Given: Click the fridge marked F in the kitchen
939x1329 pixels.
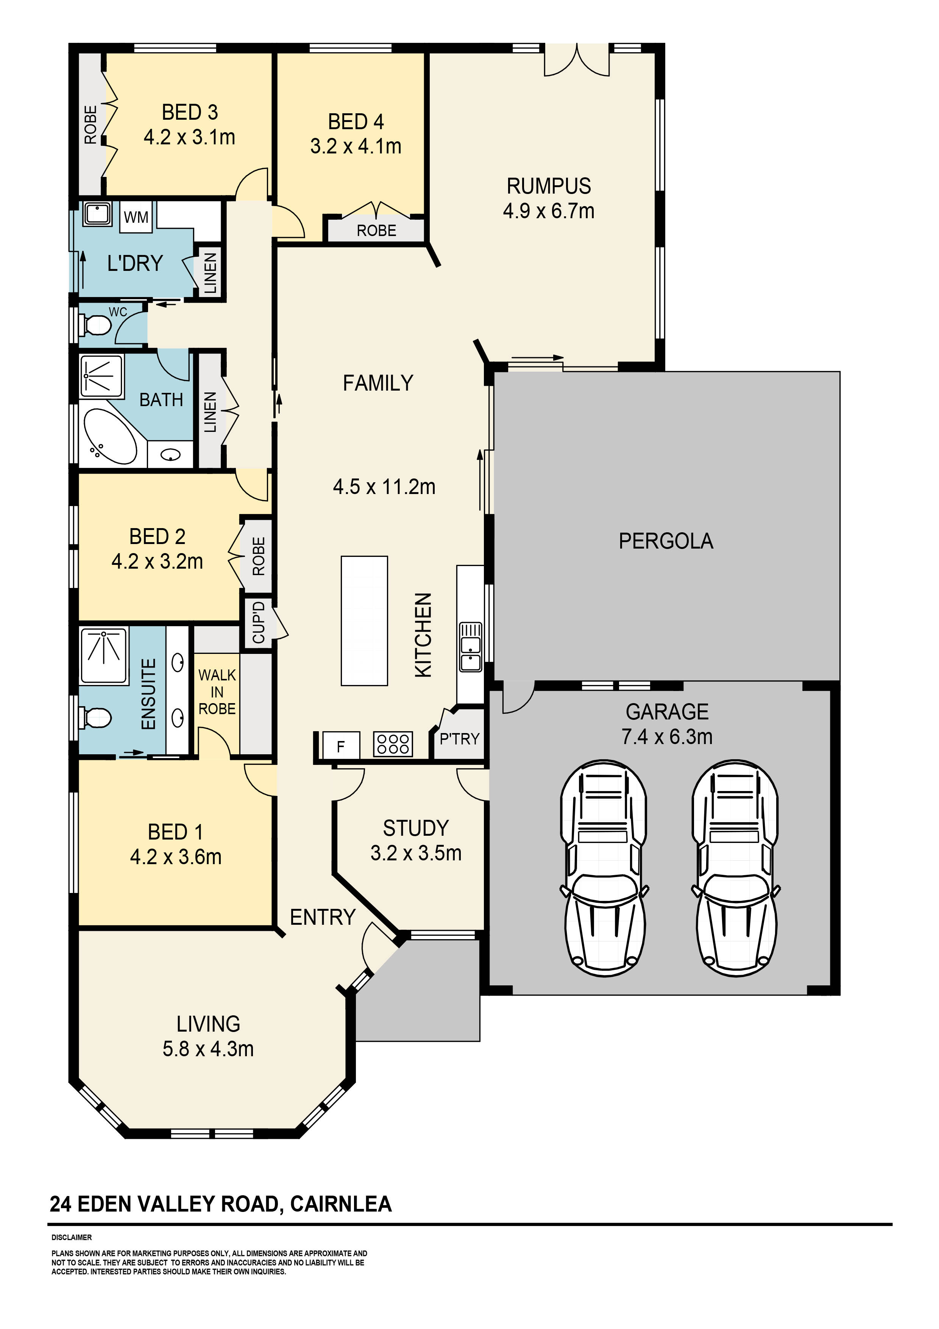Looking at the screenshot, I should (341, 746).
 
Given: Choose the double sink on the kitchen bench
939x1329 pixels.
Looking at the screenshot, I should (470, 647).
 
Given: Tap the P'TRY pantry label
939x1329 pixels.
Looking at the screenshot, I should (459, 739).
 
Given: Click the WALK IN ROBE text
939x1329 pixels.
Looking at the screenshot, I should (217, 692).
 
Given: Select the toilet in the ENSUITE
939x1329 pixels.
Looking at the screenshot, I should (95, 718).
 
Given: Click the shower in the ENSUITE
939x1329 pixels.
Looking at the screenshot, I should (104, 656).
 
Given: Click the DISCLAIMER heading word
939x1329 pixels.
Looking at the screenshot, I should (72, 1238).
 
